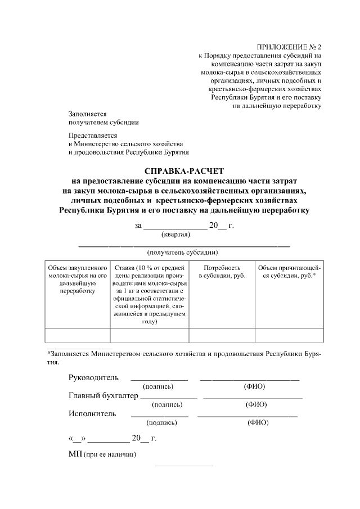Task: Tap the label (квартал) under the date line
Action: [x=175, y=234]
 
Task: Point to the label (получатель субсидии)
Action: [x=182, y=253]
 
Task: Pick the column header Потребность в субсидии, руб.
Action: [x=222, y=272]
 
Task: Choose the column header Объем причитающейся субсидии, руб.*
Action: [x=289, y=272]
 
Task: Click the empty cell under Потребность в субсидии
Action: [x=222, y=335]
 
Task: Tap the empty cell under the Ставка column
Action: [x=149, y=335]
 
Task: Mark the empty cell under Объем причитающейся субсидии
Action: [x=289, y=335]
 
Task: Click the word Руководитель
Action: [x=93, y=377]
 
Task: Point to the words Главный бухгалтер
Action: [x=103, y=396]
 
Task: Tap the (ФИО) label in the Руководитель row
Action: [x=254, y=386]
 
